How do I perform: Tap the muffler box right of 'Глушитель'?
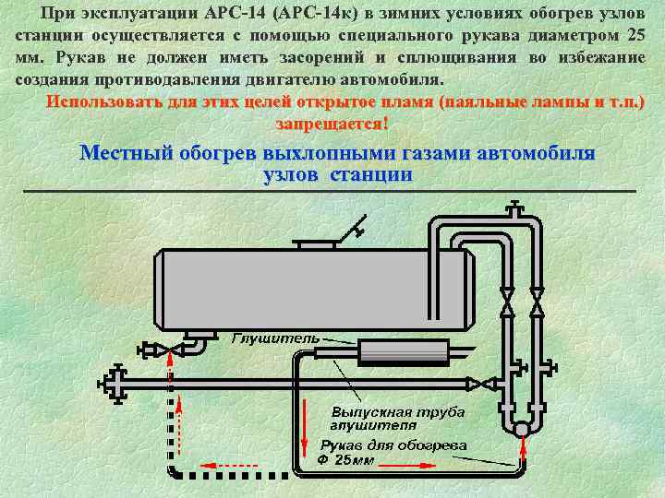point(401,352)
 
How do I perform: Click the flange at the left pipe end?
point(114,382)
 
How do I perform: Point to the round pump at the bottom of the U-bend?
point(521,428)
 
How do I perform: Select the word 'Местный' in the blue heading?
point(126,152)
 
